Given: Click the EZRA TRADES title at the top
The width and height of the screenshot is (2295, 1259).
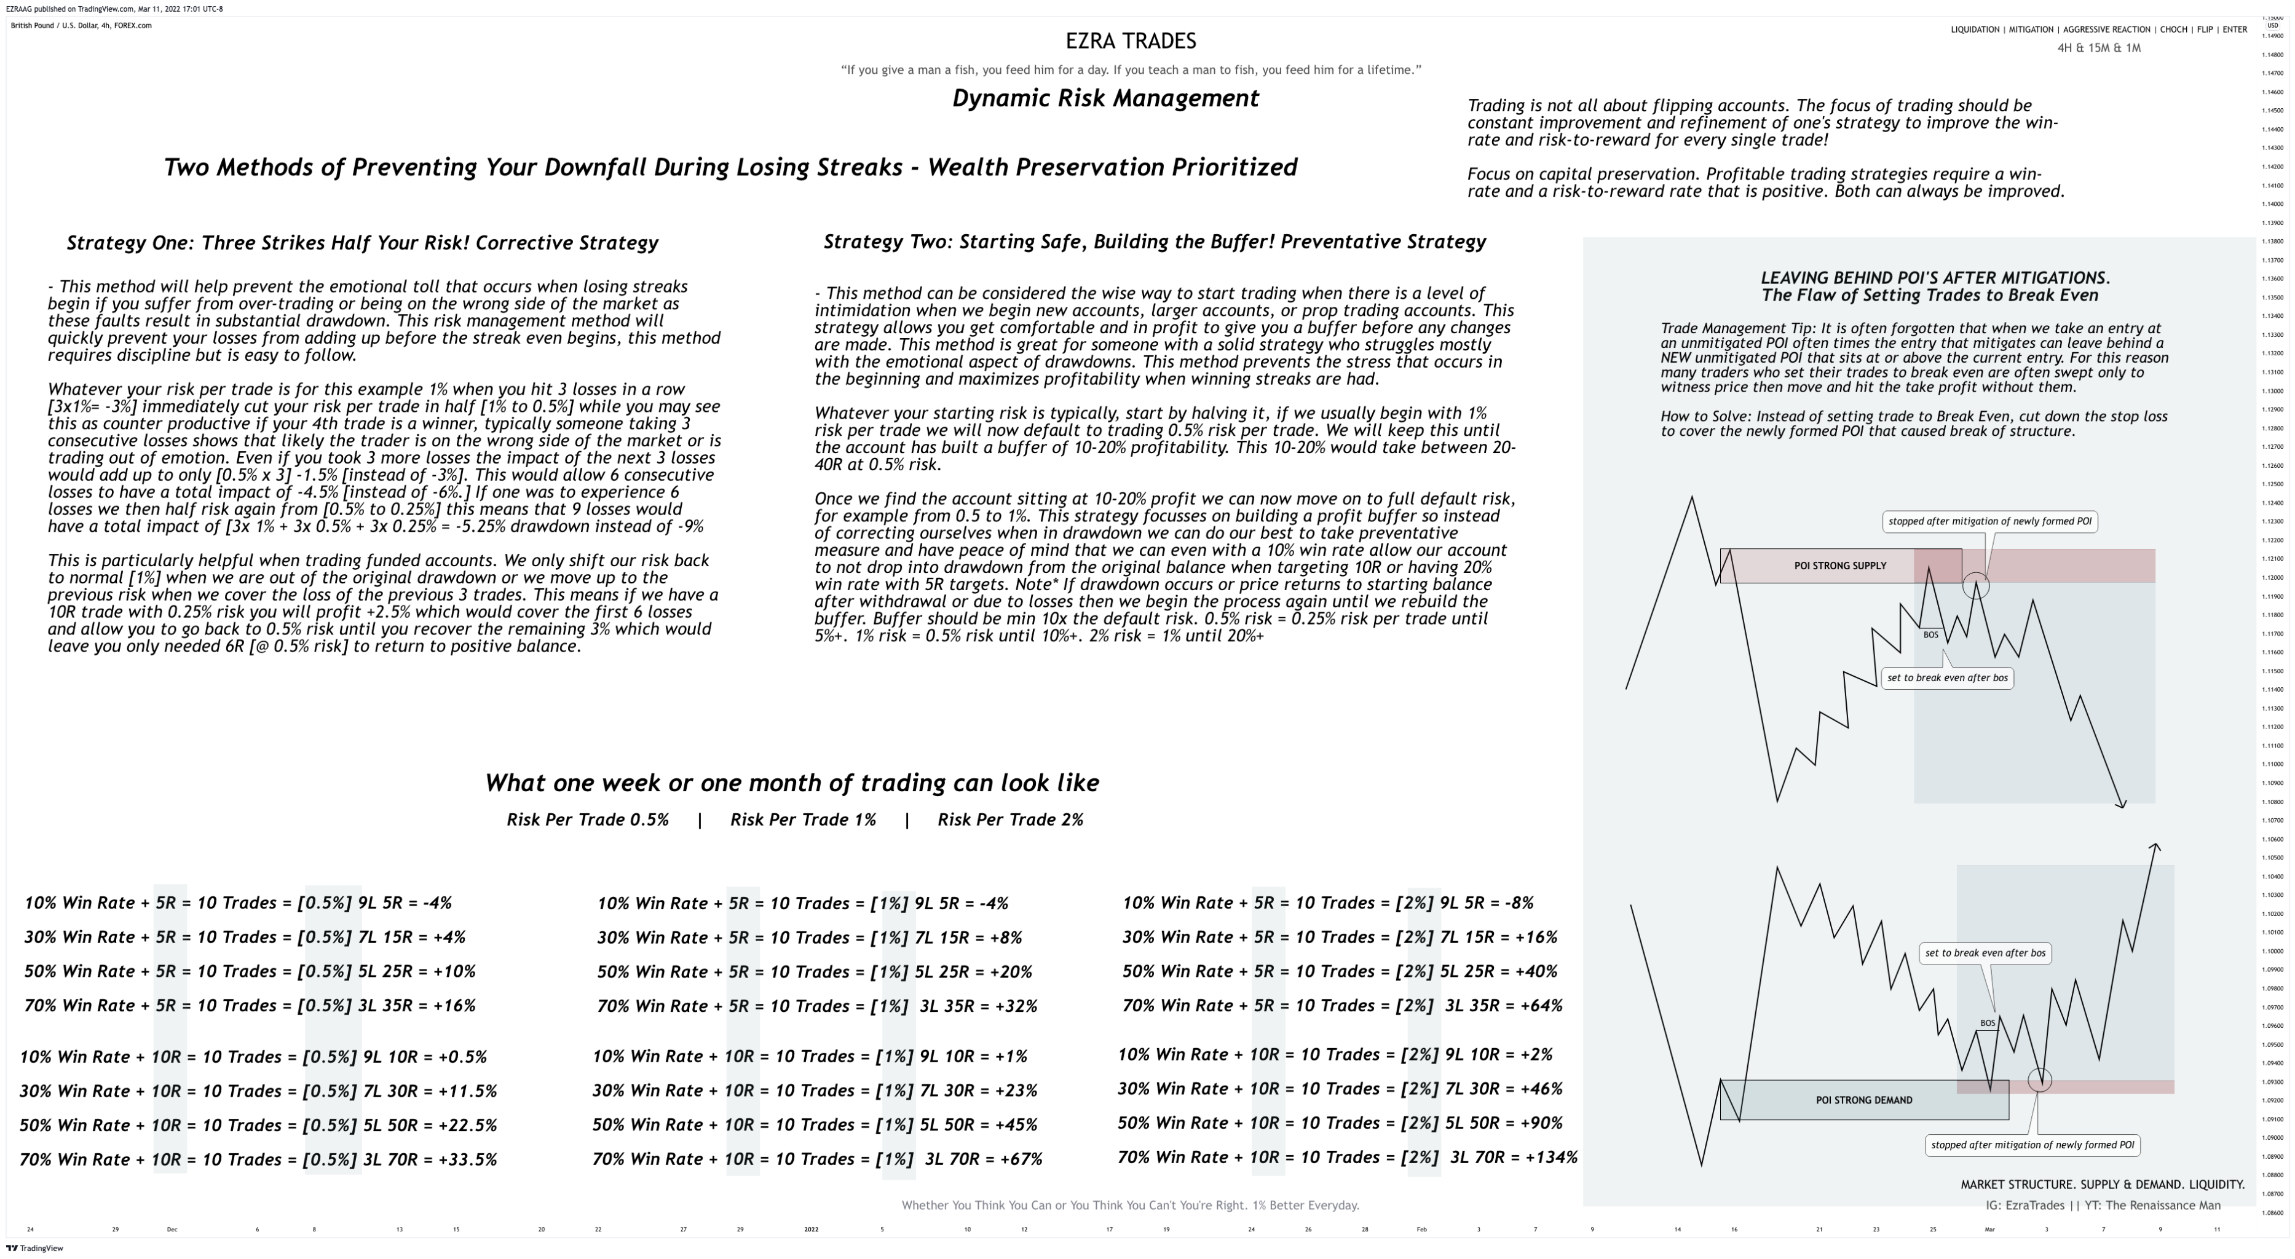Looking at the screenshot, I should [1131, 41].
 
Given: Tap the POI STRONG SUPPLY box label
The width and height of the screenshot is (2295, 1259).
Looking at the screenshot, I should [1839, 566].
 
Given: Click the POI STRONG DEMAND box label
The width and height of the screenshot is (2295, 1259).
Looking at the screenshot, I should [1864, 1100].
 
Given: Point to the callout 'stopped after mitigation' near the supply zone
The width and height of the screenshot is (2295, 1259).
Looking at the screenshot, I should [1989, 521].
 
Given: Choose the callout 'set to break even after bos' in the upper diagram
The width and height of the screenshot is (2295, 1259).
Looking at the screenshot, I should [1948, 678].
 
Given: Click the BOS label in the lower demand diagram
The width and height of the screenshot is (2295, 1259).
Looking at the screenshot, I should [1988, 1023].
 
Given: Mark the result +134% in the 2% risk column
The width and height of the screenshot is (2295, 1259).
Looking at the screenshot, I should [1551, 1158].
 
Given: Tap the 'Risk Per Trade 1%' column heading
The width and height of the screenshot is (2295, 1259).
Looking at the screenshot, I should [803, 819].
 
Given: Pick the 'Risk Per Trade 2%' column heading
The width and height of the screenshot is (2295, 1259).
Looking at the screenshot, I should [1010, 819].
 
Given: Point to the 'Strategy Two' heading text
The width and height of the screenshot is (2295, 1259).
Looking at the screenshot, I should [1155, 242].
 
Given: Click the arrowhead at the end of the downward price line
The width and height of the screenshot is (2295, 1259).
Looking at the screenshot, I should [2123, 805].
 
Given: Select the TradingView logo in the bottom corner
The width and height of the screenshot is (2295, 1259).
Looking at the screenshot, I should [35, 1249].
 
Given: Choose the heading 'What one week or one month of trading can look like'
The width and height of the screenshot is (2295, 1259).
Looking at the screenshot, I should [791, 783].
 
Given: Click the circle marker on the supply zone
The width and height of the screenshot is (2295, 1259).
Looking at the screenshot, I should [1975, 585].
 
